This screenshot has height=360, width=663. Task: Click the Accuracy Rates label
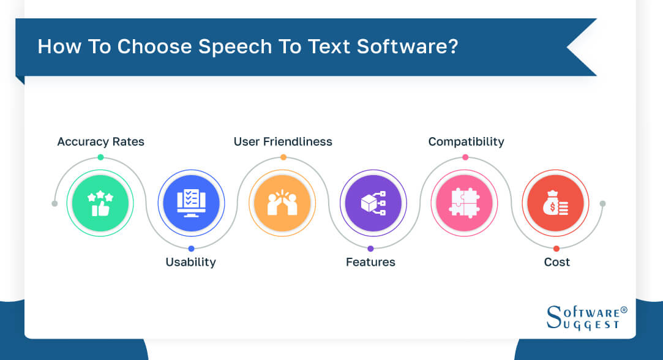click(100, 142)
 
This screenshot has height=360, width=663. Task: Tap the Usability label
click(190, 262)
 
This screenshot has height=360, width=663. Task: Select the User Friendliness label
click(283, 142)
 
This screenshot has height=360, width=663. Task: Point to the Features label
click(370, 262)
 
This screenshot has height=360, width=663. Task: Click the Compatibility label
click(466, 142)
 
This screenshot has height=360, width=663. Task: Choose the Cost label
click(556, 262)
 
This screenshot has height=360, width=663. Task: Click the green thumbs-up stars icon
click(100, 203)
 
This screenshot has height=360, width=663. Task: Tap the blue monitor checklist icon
click(191, 203)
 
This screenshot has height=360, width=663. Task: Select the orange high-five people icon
click(283, 203)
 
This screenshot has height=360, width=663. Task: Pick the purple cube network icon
click(373, 203)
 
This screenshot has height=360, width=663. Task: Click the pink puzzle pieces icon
click(464, 203)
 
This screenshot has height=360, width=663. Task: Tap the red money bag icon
click(555, 203)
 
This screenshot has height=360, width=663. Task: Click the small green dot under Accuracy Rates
click(100, 157)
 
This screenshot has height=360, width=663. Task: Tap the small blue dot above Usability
click(191, 249)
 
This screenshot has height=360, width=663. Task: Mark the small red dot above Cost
click(556, 249)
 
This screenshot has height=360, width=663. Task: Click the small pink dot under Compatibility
click(465, 157)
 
